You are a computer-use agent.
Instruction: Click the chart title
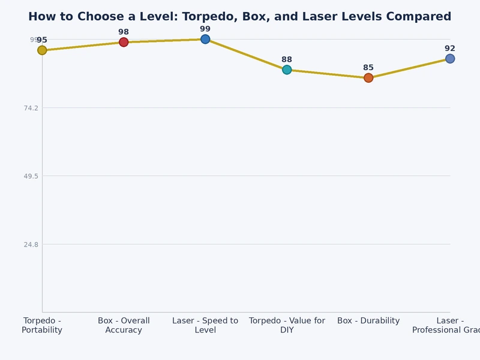240,17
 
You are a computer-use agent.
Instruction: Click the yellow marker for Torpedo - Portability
42,50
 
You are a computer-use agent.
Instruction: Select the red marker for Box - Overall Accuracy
124,42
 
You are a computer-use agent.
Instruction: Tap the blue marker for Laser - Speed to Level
205,39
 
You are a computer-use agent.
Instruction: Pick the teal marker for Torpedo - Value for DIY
287,70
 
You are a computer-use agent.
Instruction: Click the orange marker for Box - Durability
368,78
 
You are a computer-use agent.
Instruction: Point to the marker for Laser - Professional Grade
450,59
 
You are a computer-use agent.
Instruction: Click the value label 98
124,32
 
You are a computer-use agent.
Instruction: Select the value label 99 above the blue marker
205,29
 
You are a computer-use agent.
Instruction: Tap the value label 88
287,59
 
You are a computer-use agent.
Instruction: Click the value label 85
368,68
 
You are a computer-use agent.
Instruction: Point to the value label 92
450,49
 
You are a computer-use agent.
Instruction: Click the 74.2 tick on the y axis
30,108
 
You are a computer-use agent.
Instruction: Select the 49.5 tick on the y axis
30,176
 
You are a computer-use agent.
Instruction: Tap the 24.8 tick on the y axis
30,245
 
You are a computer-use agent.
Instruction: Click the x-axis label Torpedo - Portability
42,325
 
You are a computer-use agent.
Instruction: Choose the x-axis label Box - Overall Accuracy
124,325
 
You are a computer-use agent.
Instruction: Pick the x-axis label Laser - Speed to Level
205,325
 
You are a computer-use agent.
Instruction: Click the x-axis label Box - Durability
368,321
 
